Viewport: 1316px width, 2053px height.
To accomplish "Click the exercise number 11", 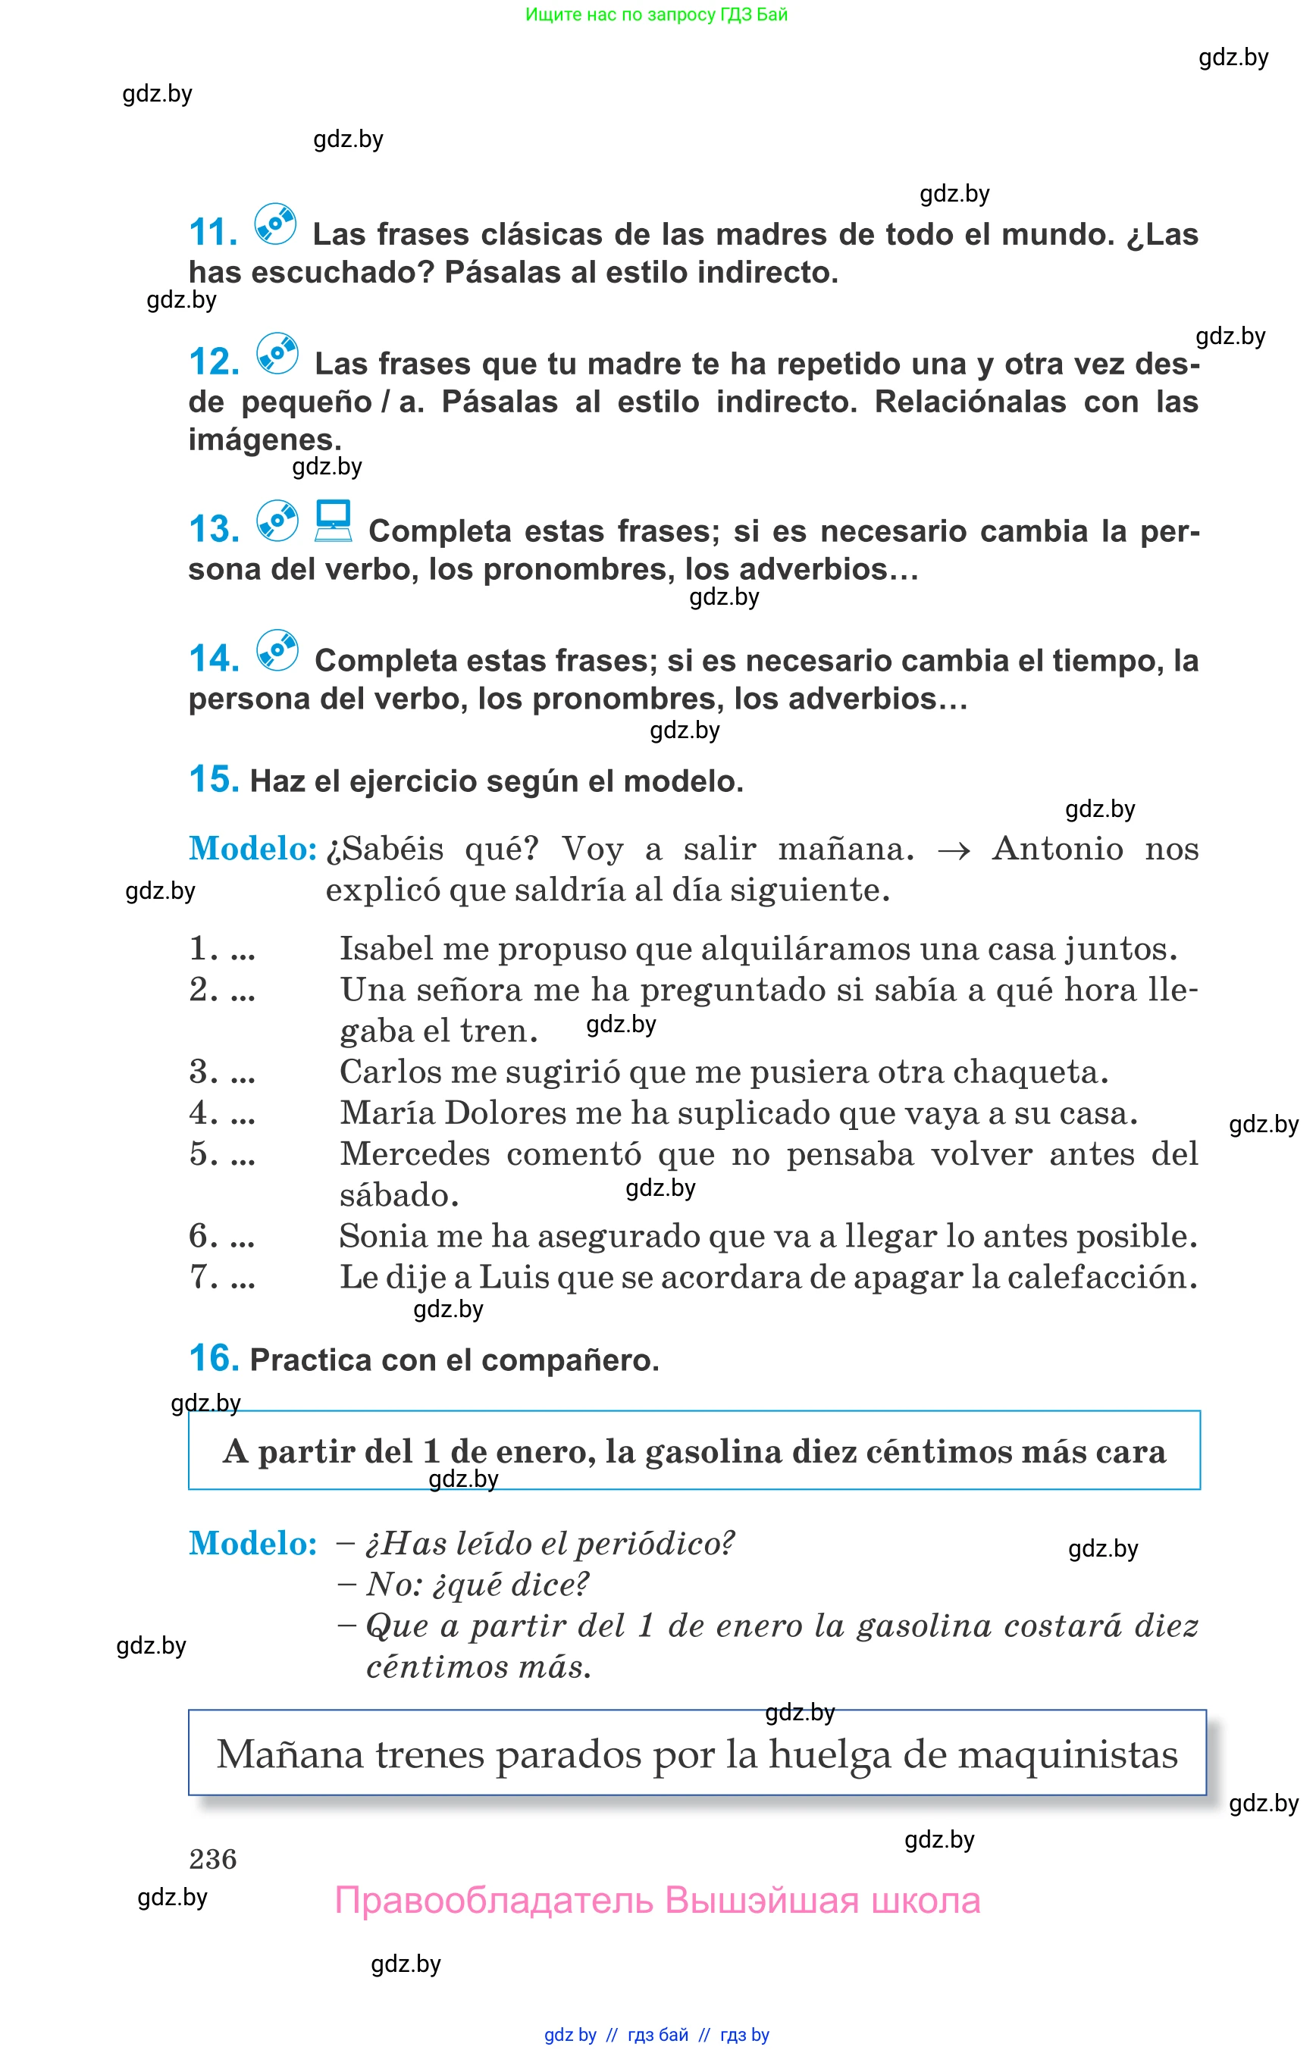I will (213, 233).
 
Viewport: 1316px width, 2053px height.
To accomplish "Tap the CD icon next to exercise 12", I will (277, 354).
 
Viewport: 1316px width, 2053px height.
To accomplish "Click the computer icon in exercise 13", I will (334, 521).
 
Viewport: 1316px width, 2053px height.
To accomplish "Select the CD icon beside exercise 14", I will (277, 651).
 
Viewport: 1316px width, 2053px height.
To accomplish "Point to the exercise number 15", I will (214, 779).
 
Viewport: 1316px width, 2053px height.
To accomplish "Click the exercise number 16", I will (214, 1358).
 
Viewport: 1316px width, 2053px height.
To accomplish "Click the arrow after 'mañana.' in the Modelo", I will (953, 851).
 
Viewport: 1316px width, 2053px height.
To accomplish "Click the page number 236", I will (213, 1859).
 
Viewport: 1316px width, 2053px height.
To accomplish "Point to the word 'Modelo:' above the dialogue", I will (253, 1544).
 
